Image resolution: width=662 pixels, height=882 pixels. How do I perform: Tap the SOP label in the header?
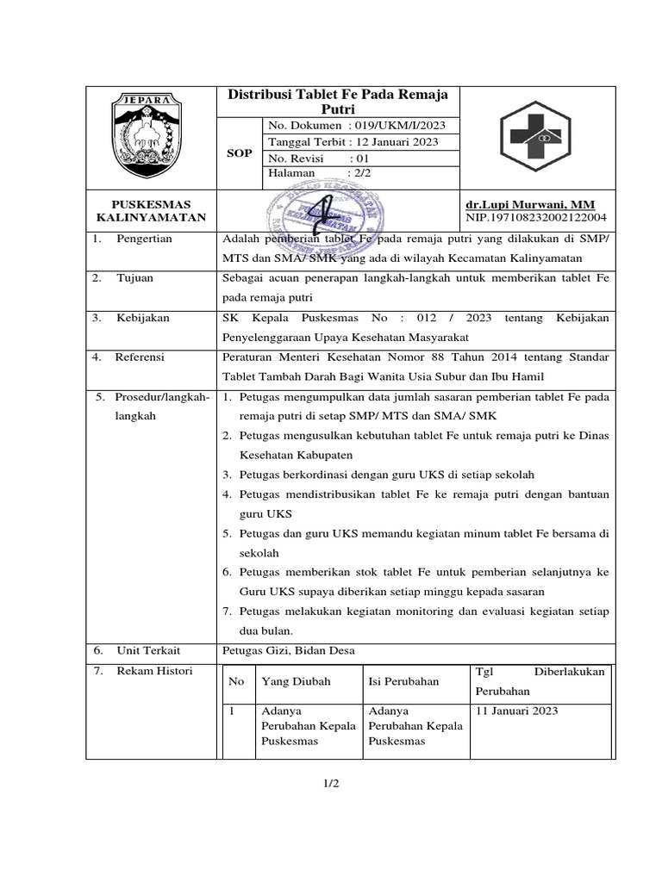[239, 152]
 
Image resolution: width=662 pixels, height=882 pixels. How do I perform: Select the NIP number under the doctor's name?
[535, 218]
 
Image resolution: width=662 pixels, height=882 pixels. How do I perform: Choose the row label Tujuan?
[136, 278]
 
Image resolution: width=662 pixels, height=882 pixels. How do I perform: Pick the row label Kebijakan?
[143, 318]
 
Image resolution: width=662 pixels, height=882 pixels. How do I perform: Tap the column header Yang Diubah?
[296, 681]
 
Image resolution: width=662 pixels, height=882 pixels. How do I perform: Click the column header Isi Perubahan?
[403, 681]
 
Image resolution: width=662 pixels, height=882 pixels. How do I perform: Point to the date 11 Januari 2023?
[516, 711]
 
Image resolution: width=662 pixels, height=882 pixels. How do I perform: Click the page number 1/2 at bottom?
[331, 783]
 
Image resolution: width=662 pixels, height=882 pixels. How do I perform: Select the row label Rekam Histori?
[154, 671]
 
